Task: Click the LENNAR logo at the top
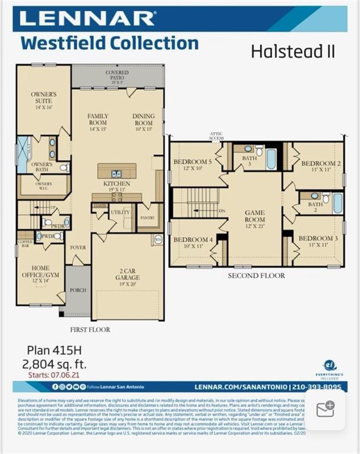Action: pos(87,19)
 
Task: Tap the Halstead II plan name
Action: pos(293,51)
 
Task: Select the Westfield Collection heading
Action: pos(109,43)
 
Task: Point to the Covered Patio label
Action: pos(117,76)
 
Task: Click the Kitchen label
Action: pos(116,186)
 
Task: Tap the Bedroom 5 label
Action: pos(192,164)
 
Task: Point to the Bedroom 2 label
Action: pos(321,166)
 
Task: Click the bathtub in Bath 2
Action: pos(338,203)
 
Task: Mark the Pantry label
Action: pos(147,217)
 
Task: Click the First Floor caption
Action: pos(90,329)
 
